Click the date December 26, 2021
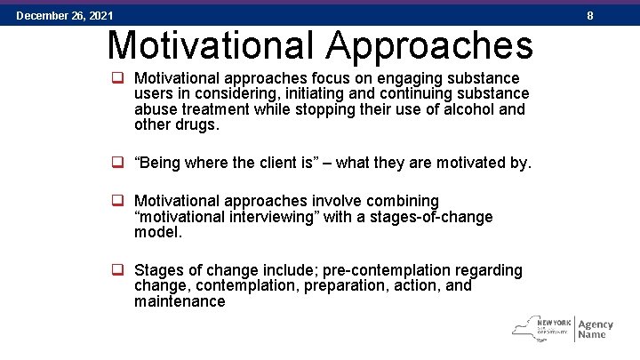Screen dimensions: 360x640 pyautogui.click(x=64, y=15)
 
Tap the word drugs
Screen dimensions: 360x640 pyautogui.click(x=196, y=124)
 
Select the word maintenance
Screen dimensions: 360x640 pyautogui.click(x=180, y=301)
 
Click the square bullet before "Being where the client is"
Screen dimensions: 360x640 pyautogui.click(x=116, y=163)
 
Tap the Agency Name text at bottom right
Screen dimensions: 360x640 pyautogui.click(x=595, y=329)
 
